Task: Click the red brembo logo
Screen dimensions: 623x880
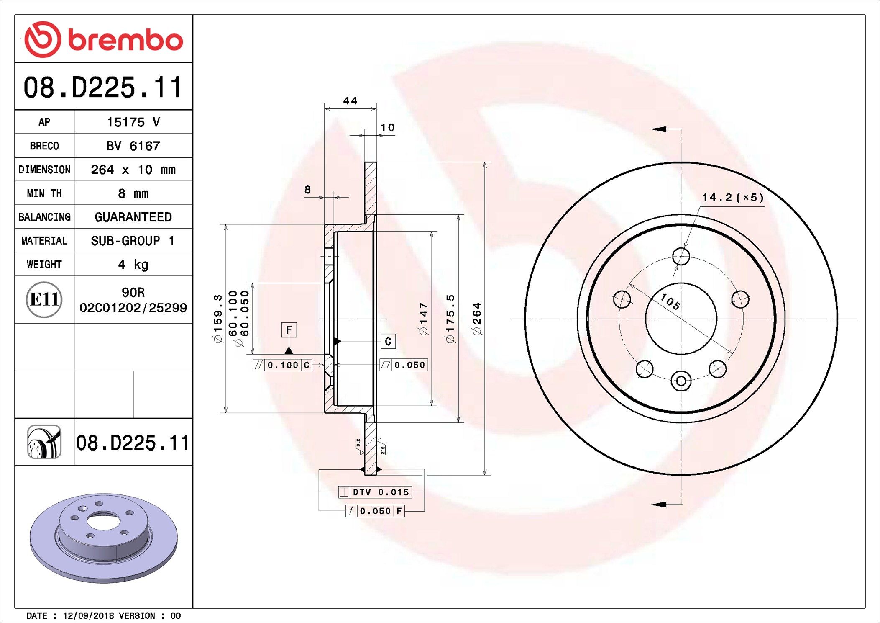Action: coord(103,39)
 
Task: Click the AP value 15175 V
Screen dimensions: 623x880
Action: coord(133,122)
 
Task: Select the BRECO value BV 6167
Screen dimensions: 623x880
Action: coord(133,146)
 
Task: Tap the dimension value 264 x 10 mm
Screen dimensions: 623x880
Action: coord(133,170)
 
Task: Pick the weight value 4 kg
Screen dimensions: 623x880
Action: coord(133,265)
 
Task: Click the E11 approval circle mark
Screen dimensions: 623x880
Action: coord(44,299)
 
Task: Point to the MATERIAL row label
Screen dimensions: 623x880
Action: coord(44,241)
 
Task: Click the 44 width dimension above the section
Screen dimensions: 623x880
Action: coord(350,101)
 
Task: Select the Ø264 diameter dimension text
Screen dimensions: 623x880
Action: coord(477,319)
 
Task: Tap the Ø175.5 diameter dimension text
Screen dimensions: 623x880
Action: coord(450,319)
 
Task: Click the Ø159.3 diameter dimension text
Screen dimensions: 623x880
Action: coord(218,319)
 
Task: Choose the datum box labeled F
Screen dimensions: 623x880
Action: coord(289,330)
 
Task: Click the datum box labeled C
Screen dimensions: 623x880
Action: coord(388,342)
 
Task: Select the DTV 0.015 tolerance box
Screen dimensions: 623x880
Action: coord(375,492)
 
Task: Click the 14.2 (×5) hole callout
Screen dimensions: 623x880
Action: coord(732,198)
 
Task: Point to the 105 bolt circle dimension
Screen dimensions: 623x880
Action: coord(670,301)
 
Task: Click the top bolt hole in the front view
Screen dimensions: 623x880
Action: coord(681,256)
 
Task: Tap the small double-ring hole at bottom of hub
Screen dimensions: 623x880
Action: coord(681,381)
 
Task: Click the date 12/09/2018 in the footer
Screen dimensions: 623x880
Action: coord(88,616)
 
